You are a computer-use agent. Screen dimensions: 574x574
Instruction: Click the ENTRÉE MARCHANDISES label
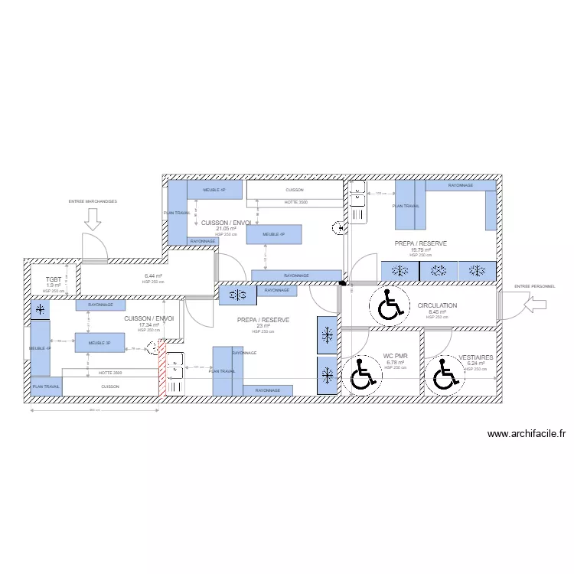93,201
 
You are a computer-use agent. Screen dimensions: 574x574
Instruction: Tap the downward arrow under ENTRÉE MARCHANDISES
93,220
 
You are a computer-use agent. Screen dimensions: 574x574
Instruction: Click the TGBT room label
53,280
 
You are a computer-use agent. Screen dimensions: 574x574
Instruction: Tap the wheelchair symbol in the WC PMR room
361,374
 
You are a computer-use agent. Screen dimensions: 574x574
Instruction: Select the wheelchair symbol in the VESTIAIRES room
445,375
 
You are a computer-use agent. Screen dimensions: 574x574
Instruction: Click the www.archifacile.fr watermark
527,434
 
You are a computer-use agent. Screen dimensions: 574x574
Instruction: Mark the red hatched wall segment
161,368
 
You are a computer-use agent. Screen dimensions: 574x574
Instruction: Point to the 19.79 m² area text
421,249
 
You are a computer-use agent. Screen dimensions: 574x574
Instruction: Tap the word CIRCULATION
437,305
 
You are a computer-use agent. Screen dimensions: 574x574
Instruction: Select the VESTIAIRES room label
476,357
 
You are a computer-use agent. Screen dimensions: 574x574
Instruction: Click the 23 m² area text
263,325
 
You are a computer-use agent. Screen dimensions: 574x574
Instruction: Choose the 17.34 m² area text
148,325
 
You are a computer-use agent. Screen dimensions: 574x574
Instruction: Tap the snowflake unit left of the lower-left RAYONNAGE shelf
39,309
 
